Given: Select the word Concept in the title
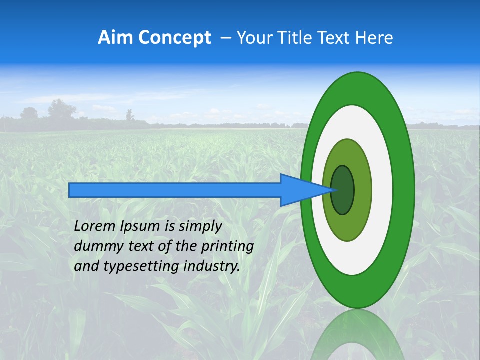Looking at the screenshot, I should (174, 37).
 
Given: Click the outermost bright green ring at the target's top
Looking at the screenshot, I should (357, 88).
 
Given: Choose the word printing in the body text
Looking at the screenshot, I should (227, 246).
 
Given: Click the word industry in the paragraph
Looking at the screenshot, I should (212, 266).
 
